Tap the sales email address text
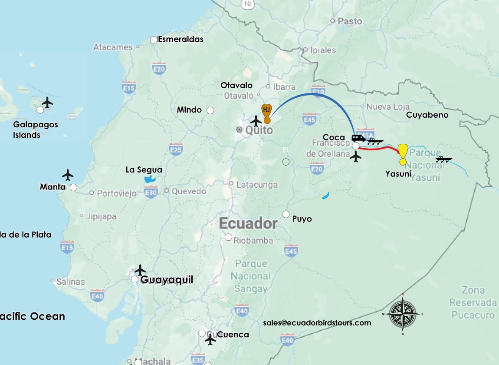click(317, 323)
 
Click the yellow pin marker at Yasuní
click(403, 152)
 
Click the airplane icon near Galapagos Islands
click(47, 103)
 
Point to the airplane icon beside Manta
click(68, 175)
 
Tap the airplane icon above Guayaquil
click(140, 270)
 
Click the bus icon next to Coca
click(358, 138)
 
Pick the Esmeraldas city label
click(181, 39)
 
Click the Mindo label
click(189, 110)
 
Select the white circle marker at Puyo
click(286, 214)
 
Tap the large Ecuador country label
click(248, 223)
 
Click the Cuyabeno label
click(427, 115)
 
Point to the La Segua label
click(144, 170)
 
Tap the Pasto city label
click(350, 21)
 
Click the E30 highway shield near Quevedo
click(151, 192)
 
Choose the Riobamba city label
click(253, 240)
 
